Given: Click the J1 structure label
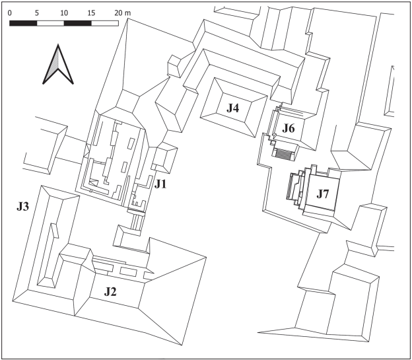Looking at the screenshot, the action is (161, 185).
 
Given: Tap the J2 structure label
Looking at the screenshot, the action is (109, 291).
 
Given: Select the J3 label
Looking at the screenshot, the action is (23, 207).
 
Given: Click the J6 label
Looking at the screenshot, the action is (289, 127).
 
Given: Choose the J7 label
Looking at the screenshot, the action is (323, 194).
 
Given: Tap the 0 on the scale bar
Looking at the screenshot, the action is (11, 13).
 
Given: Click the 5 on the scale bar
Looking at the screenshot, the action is (38, 13).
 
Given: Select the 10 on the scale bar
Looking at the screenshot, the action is (64, 13).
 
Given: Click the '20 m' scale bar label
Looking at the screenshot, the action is (122, 13).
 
